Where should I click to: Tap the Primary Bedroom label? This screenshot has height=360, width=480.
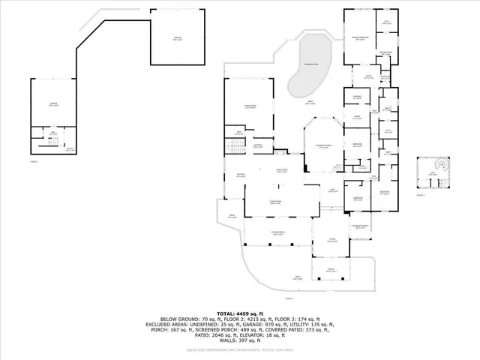pos(361,37)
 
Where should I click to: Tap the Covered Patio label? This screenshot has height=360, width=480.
pos(277,234)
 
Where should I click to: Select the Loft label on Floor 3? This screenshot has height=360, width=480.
pos(432,175)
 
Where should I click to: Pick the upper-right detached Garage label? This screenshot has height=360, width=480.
pos(177,39)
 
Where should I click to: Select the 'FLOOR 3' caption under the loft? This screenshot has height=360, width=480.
pos(421,195)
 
